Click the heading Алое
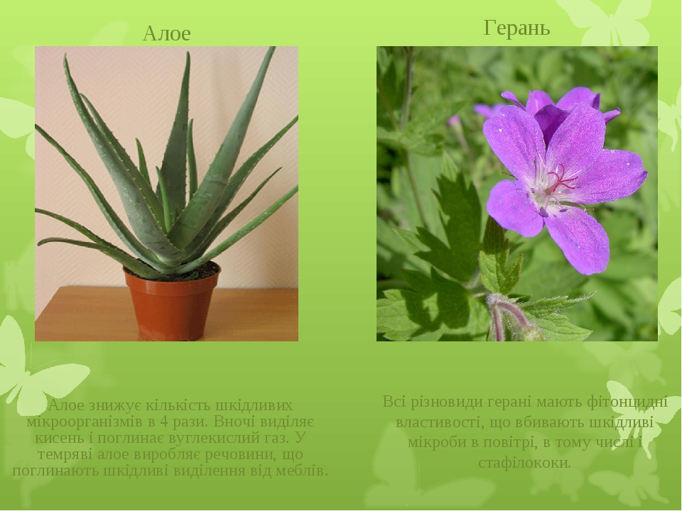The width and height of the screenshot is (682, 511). tap(166, 33)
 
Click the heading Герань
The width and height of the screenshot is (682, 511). tap(516, 28)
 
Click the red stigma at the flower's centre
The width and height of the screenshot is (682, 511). tap(561, 179)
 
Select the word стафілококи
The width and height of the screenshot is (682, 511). tap(524, 463)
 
